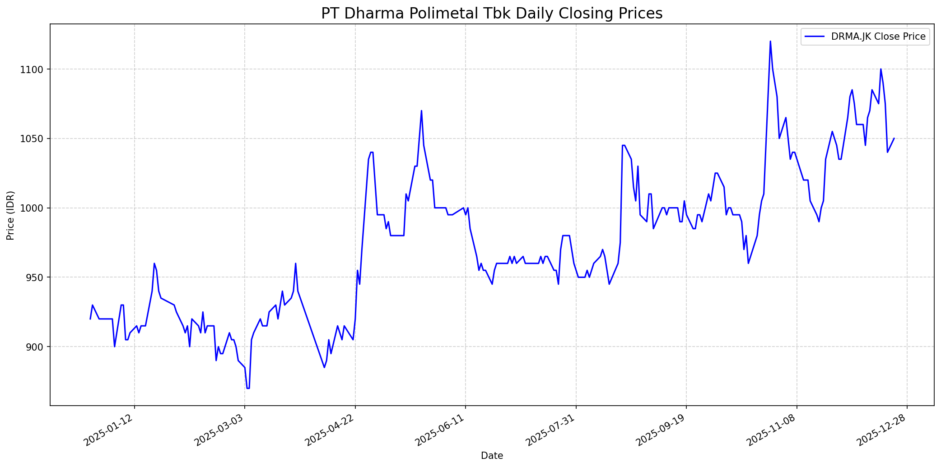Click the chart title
pyautogui.click(x=492, y=14)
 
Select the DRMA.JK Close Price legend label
pyautogui.click(x=878, y=37)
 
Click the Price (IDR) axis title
pyautogui.click(x=11, y=215)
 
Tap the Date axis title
pyautogui.click(x=492, y=456)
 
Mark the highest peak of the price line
pyautogui.click(x=770, y=42)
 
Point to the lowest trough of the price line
pyautogui.click(x=248, y=388)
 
